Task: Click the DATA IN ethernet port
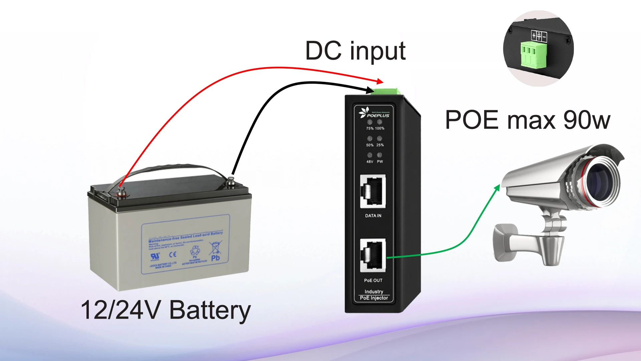point(373,192)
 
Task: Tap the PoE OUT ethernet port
point(373,255)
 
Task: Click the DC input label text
point(355,51)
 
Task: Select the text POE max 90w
point(527,120)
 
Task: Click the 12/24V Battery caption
point(166,310)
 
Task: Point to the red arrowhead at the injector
point(380,81)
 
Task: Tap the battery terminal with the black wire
point(230,182)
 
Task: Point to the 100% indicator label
point(380,128)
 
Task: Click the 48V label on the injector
point(370,162)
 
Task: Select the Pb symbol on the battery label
point(215,258)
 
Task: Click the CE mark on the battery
point(173,255)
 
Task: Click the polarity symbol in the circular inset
point(539,36)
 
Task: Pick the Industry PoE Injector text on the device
point(374,295)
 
